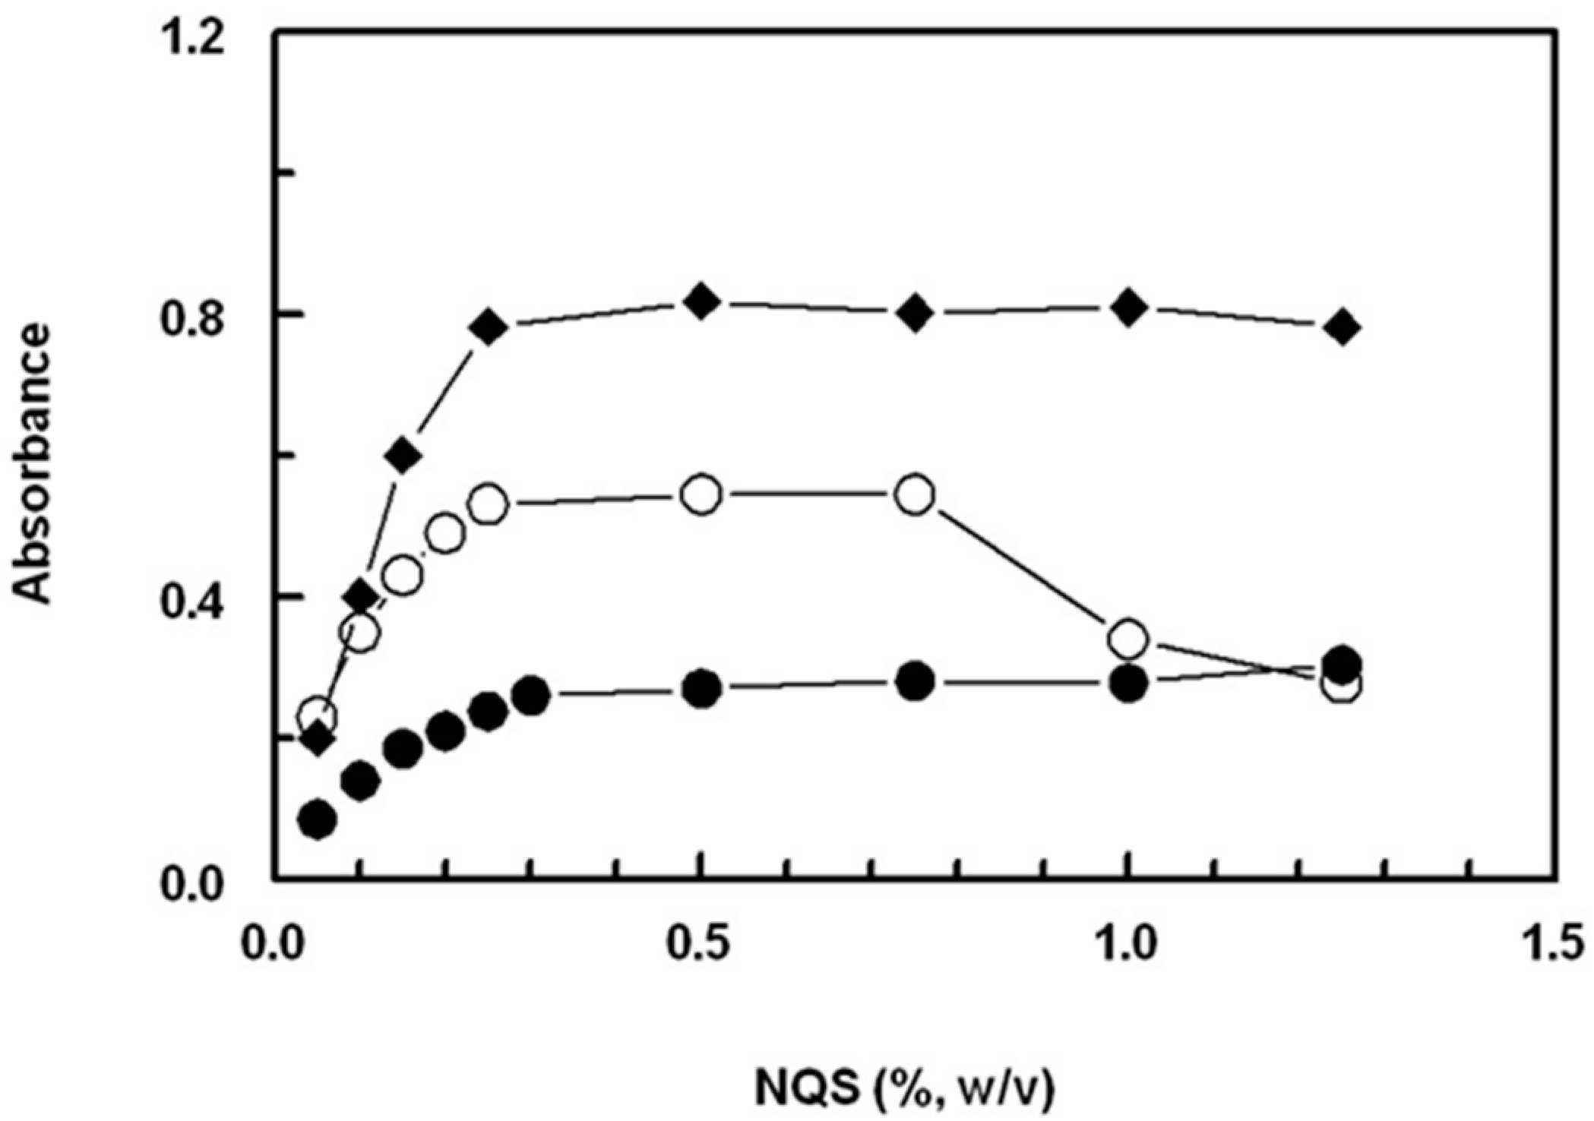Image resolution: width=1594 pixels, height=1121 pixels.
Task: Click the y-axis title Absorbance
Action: tap(34, 464)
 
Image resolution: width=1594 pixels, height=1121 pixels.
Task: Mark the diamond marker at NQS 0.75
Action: tap(916, 312)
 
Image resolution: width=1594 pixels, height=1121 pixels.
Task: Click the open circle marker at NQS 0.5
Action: tap(701, 495)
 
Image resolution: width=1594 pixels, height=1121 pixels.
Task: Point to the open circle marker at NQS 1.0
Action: tap(1128, 639)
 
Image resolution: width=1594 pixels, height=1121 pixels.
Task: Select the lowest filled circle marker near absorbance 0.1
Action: tap(318, 819)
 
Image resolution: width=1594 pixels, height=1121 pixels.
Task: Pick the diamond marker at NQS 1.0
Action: tap(1128, 308)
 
